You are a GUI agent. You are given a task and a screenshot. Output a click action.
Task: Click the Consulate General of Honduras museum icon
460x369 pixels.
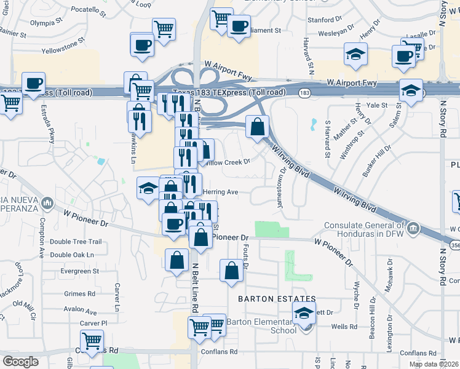tap(413, 230)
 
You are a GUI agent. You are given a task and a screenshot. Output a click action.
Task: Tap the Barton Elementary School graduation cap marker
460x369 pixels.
tap(303, 314)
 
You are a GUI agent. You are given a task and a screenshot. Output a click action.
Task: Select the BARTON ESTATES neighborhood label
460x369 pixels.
tap(268, 298)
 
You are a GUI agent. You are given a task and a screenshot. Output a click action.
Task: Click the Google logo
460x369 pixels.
tap(20, 362)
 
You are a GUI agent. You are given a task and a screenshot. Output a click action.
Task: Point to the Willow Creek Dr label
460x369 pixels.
tap(228, 162)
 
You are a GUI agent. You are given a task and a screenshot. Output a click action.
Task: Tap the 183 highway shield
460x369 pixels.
tap(304, 93)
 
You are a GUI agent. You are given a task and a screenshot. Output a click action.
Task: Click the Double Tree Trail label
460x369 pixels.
tap(76, 242)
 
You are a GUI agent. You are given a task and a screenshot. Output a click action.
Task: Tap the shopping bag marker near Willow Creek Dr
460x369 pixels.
tap(257, 128)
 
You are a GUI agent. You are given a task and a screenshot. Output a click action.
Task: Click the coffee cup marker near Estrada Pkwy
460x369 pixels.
tap(33, 83)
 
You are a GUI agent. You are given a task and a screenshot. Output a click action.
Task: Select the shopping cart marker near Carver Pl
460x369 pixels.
tap(92, 340)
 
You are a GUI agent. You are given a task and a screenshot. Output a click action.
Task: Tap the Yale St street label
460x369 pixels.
tap(376, 105)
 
